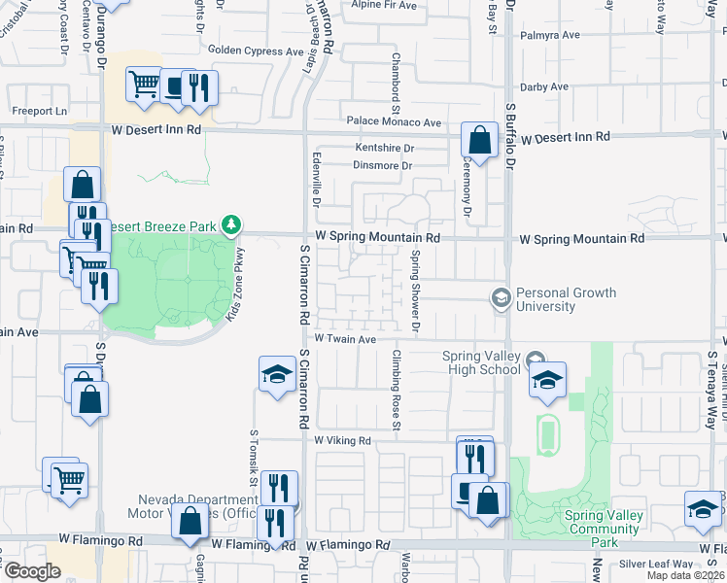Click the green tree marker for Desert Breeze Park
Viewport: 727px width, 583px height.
click(x=230, y=226)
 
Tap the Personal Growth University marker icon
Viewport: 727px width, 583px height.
click(x=502, y=298)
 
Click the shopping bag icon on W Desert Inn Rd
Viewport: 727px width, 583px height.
click(x=479, y=141)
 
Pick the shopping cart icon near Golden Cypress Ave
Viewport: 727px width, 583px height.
click(x=144, y=86)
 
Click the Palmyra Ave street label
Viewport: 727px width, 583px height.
click(x=550, y=35)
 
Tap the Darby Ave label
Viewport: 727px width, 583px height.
click(x=545, y=86)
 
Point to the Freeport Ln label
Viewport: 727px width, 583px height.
click(x=39, y=111)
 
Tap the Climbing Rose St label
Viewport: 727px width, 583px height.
click(x=397, y=389)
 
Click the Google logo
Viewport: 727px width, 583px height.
click(x=32, y=571)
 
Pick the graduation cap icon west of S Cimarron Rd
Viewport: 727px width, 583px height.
click(x=276, y=375)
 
